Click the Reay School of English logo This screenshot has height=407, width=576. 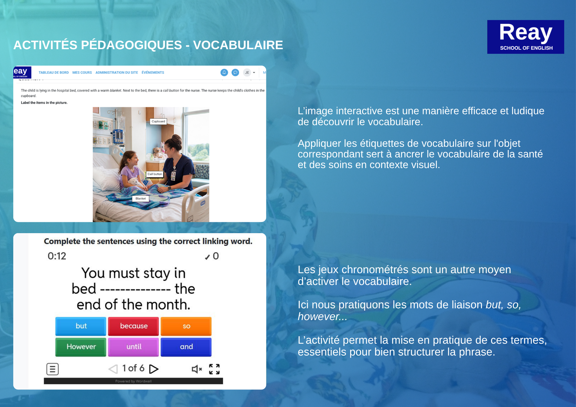525,37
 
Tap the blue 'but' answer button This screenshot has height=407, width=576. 81,326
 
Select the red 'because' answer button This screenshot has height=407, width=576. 134,326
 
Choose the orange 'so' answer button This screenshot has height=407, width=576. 186,326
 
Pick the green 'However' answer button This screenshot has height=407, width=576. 81,347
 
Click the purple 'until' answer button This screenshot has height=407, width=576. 134,347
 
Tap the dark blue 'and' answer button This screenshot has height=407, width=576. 186,347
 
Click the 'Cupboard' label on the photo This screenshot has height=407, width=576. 158,121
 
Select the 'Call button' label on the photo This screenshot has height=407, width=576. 154,174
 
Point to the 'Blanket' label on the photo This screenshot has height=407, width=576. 140,199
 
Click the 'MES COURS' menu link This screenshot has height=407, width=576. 82,72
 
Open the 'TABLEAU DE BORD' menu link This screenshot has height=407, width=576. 54,72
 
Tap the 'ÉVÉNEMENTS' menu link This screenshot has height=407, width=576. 153,72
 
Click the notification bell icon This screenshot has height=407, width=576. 224,72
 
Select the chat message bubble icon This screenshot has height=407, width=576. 235,72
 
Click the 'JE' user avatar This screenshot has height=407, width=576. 247,72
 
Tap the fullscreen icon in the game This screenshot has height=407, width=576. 214,369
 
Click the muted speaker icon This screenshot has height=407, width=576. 197,369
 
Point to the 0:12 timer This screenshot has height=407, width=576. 57,256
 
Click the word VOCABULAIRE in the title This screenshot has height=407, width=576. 238,45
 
